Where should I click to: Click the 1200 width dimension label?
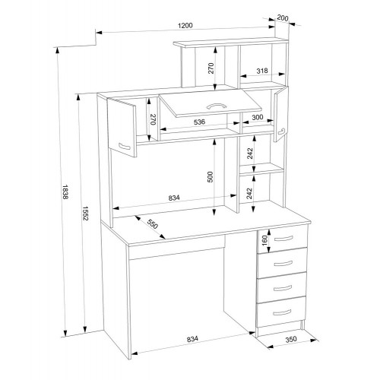[x=185, y=26]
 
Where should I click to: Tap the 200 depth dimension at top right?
[x=283, y=18]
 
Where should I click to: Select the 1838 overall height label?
[x=65, y=192]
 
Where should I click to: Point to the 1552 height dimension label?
[x=85, y=213]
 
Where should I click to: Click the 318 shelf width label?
[x=262, y=71]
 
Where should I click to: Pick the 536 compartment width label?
[x=199, y=122]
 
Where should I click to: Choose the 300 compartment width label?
[x=258, y=117]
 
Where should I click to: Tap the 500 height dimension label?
[x=211, y=177]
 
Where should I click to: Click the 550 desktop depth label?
[x=153, y=224]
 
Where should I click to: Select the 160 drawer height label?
[x=264, y=241]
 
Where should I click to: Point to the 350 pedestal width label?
[x=291, y=339]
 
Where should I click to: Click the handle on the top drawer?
[x=283, y=239]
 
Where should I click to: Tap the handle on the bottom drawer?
[x=282, y=312]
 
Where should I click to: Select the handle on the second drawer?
[x=283, y=264]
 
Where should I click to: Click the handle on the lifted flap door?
[x=217, y=106]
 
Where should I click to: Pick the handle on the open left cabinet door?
[x=125, y=147]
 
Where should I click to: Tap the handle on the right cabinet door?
[x=281, y=131]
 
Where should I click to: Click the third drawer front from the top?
[x=281, y=287]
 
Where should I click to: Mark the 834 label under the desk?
[x=192, y=339]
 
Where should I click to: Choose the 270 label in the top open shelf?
[x=211, y=68]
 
